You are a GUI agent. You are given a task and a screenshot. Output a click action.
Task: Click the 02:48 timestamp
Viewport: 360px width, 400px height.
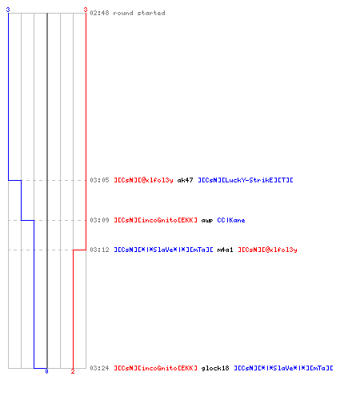[99, 13]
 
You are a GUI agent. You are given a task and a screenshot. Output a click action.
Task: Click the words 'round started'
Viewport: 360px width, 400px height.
[139, 13]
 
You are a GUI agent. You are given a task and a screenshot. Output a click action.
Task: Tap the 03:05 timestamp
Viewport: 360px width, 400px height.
[99, 180]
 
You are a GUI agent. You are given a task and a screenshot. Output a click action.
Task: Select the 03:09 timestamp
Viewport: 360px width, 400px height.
[99, 220]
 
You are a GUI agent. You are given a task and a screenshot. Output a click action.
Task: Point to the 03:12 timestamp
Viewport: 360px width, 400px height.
[99, 250]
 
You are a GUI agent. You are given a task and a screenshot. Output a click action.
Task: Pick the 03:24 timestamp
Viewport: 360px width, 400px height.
[99, 368]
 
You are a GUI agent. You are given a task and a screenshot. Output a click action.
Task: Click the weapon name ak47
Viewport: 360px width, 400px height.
[185, 180]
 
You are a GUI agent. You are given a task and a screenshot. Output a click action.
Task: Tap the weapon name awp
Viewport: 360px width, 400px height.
[207, 221]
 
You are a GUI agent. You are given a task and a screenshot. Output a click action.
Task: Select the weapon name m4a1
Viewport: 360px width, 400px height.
[225, 250]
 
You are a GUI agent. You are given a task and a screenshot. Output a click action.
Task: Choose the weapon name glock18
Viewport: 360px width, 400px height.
[215, 369]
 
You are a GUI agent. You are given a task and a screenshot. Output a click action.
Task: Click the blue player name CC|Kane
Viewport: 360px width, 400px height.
[231, 220]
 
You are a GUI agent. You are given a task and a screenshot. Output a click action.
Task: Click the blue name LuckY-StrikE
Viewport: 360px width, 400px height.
[246, 180]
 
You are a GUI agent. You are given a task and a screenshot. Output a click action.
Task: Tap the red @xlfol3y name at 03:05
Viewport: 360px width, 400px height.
[143, 181]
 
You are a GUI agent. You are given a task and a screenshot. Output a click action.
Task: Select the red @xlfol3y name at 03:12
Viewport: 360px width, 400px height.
[267, 250]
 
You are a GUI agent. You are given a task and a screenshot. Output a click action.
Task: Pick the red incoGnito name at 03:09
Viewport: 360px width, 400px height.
[156, 220]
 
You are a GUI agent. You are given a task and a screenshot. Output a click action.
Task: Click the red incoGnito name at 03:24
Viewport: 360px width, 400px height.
[156, 368]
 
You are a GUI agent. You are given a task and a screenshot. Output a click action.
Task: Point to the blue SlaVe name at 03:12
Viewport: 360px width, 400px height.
[163, 250]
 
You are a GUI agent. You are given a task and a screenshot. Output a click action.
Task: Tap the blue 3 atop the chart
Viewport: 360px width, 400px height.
[8, 10]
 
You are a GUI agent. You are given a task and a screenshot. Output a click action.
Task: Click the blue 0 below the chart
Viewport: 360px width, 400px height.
[46, 371]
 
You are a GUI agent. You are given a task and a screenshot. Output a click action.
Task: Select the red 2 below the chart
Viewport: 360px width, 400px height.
[73, 371]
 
